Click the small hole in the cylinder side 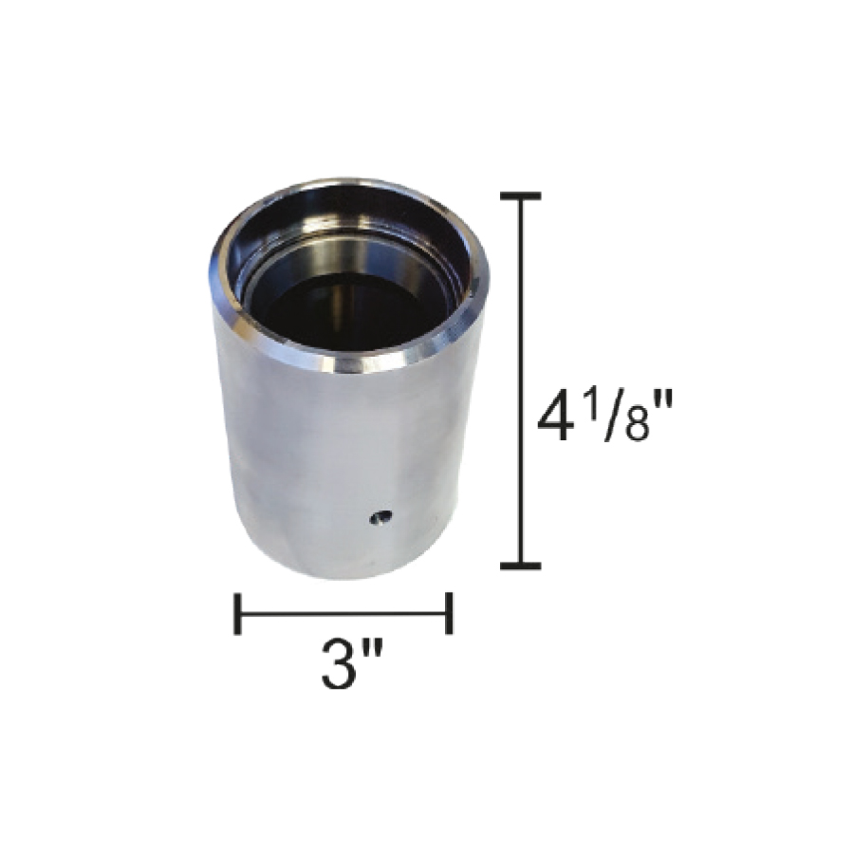(381, 517)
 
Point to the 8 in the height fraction (638, 424)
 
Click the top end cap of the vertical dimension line (521, 196)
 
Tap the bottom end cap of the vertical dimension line (521, 566)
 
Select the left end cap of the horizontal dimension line (237, 614)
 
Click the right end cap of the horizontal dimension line (449, 614)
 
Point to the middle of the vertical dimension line (521, 381)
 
